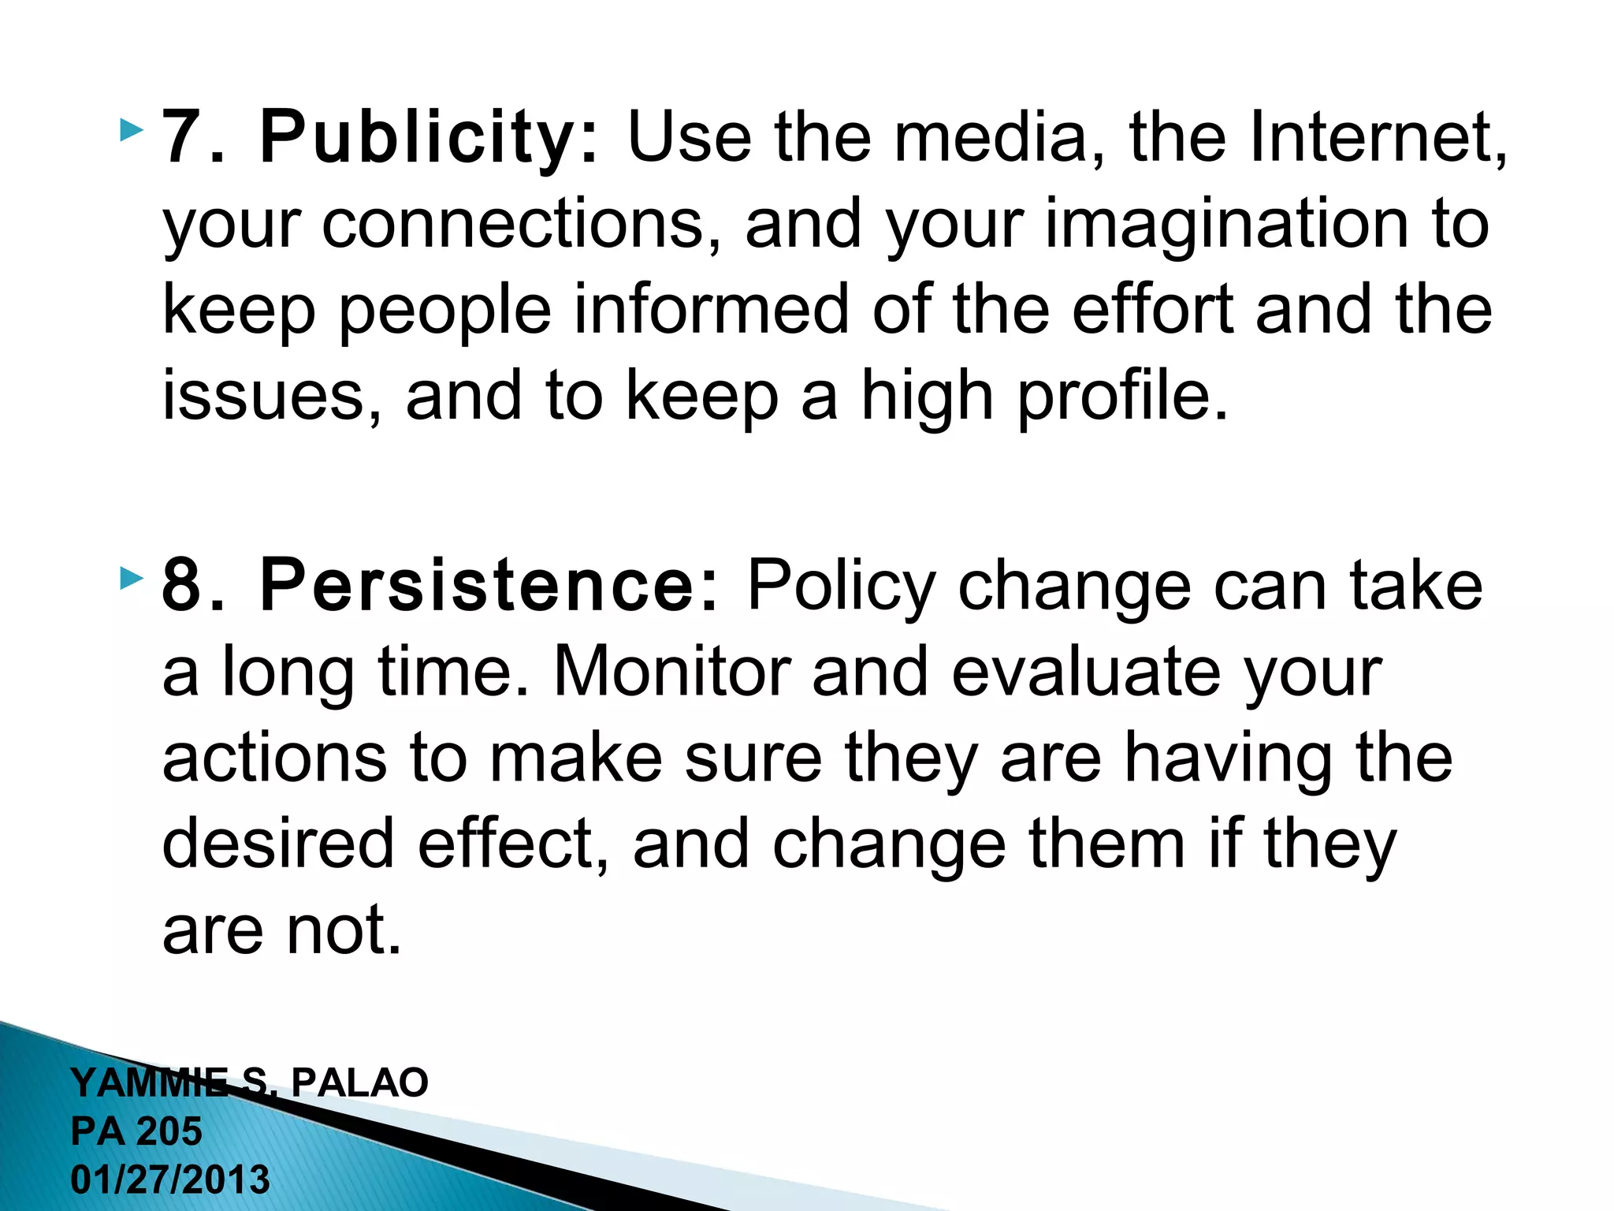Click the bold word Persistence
click(489, 586)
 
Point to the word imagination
click(1226, 224)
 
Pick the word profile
click(1123, 396)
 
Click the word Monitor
click(671, 672)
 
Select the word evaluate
click(1086, 672)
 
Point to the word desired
click(277, 844)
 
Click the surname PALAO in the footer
click(359, 1082)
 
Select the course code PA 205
click(136, 1131)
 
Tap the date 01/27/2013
click(170, 1180)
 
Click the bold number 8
click(180, 586)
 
